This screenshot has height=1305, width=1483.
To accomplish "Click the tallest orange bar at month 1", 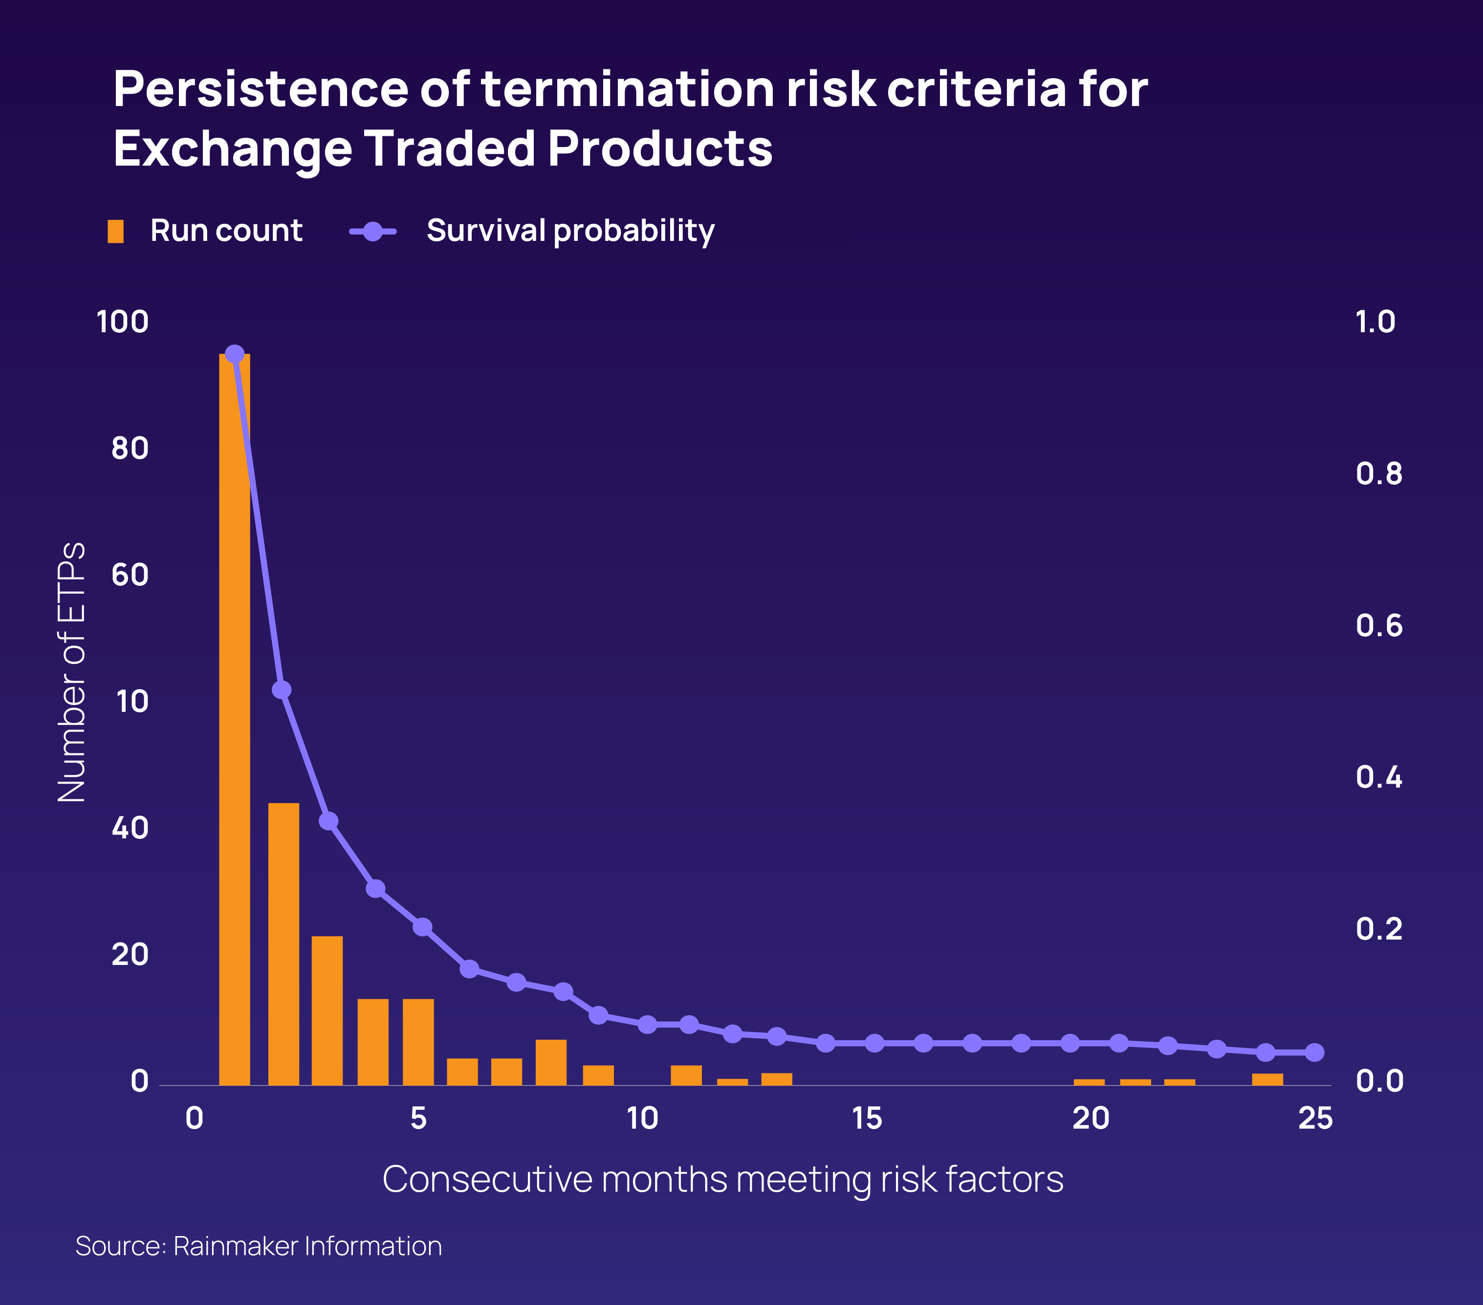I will point(234,718).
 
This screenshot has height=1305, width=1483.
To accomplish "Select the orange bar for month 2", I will point(283,943).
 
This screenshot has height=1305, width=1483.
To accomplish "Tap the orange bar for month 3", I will point(327,1010).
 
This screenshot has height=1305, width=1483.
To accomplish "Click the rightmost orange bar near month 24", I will point(1267,1079).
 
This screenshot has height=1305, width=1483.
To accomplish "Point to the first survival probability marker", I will point(234,355).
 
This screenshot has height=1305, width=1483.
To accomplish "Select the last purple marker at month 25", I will point(1314,1052).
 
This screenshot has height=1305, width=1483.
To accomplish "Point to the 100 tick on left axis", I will point(123,322).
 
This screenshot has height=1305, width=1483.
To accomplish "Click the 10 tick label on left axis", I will point(131,702).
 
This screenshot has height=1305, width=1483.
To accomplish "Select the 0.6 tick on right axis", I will point(1378,625).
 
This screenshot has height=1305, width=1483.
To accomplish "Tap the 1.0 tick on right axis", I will point(1375,322).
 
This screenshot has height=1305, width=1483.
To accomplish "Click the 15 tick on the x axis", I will point(867,1118).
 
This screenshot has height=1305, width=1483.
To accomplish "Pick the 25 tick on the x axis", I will point(1315,1118).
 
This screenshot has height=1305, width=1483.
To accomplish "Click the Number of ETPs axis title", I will point(71,672).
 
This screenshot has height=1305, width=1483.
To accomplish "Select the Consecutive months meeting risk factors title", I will point(722,1179).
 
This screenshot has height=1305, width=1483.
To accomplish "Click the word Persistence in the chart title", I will point(261,89).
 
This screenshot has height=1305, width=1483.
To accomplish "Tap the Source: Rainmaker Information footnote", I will point(258,1245).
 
